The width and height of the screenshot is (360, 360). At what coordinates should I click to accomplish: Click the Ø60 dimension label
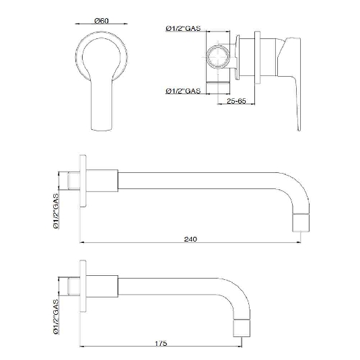(101, 21)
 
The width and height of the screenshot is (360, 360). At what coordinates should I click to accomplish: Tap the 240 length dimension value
(190, 239)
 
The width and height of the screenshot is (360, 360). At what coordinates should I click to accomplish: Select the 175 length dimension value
(161, 343)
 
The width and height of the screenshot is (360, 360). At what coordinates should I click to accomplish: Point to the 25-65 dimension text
(236, 101)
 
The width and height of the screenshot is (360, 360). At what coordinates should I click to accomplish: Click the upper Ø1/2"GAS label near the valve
(183, 28)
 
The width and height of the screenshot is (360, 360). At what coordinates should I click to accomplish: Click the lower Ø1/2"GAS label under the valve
(183, 91)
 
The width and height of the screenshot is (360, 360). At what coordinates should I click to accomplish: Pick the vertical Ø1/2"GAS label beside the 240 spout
(56, 211)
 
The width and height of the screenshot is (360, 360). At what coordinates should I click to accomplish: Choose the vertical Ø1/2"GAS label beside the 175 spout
(56, 317)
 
